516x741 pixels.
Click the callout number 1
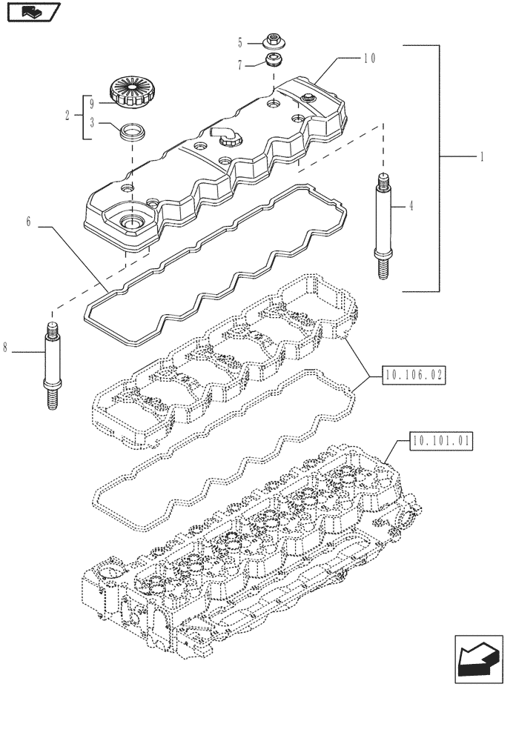pyautogui.click(x=482, y=157)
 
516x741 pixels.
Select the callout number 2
pyautogui.click(x=67, y=115)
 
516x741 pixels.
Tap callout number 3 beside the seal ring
pyautogui.click(x=92, y=124)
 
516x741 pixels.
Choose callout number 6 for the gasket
pyautogui.click(x=28, y=222)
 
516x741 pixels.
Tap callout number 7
pyautogui.click(x=240, y=65)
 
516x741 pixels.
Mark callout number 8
pyautogui.click(x=7, y=347)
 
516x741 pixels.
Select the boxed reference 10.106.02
pyautogui.click(x=414, y=376)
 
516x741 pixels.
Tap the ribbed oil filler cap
pyautogui.click(x=130, y=93)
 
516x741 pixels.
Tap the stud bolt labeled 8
pyautogui.click(x=53, y=365)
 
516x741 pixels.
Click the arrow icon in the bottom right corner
pyautogui.click(x=477, y=659)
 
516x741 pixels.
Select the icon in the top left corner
pyautogui.click(x=32, y=12)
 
